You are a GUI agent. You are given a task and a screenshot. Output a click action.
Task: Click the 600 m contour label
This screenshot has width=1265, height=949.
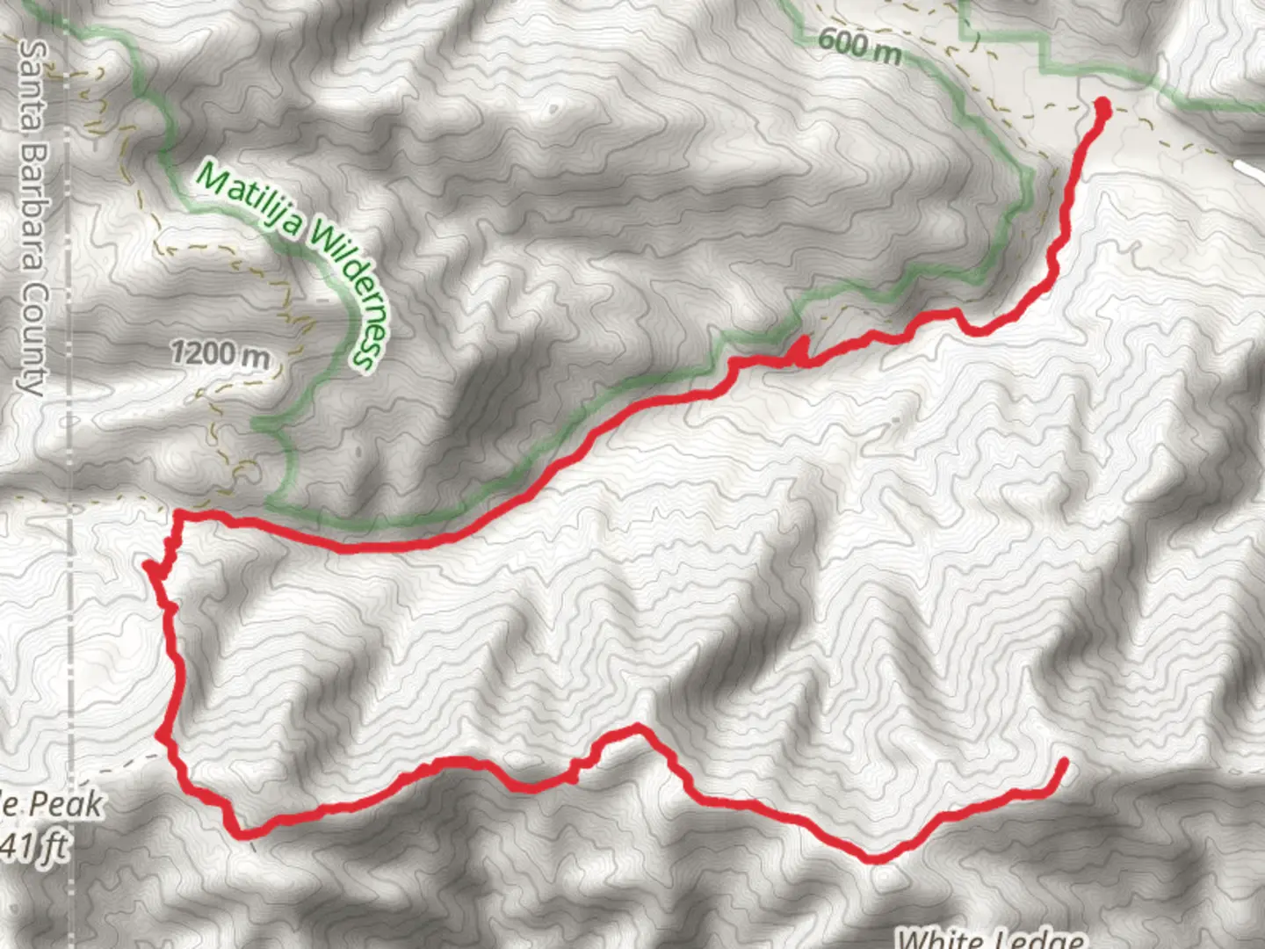coord(859,45)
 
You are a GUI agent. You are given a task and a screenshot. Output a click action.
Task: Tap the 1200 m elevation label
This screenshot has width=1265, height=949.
coord(220,354)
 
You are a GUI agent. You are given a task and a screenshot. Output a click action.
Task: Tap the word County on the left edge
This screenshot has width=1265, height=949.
coord(33,339)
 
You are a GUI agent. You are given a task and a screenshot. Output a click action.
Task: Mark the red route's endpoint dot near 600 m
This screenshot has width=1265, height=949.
coord(1102,108)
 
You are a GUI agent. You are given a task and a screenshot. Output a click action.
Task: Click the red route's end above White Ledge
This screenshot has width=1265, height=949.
coord(1064,762)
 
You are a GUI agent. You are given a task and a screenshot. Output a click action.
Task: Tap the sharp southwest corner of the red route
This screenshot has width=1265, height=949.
coord(237,832)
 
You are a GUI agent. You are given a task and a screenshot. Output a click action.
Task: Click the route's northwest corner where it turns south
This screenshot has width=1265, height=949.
coord(179,513)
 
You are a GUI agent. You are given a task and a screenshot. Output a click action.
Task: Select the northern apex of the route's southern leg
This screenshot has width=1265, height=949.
coord(636,727)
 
